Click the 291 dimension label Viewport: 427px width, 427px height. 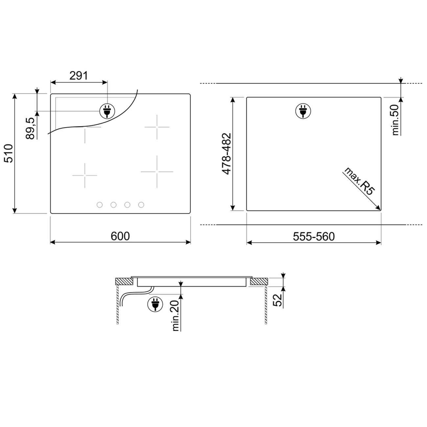click(79, 76)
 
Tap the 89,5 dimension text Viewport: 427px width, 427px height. click(30, 128)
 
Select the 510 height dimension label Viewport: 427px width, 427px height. click(9, 153)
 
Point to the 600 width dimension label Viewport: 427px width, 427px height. click(120, 236)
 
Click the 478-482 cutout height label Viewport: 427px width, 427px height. click(226, 154)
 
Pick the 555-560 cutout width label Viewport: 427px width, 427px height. click(314, 236)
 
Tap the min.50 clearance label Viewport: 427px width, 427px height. click(395, 120)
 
